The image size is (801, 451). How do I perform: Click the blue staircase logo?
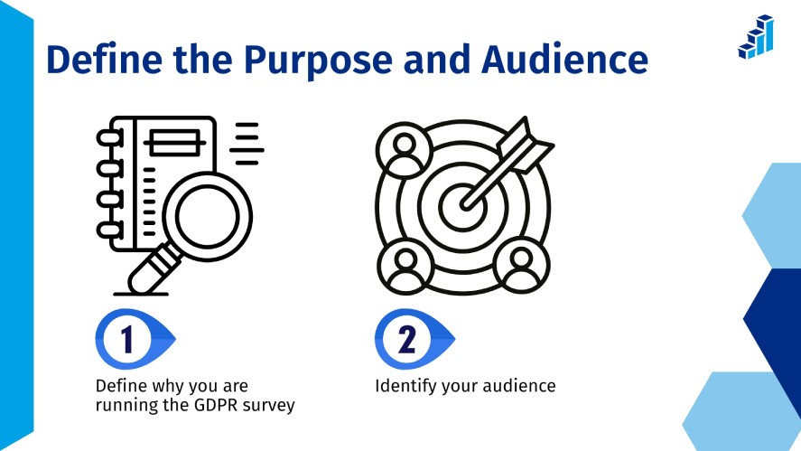[x=756, y=37]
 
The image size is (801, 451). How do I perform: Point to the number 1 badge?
[x=126, y=340]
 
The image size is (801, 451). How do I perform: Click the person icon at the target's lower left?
[x=405, y=263]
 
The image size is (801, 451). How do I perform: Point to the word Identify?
[x=404, y=386]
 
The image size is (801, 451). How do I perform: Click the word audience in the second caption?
[x=517, y=386]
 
